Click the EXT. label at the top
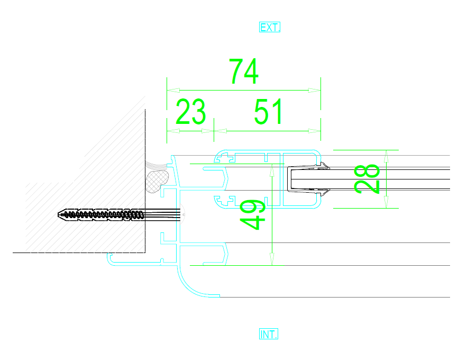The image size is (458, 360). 270,27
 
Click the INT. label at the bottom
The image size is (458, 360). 269,334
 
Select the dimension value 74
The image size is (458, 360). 244,71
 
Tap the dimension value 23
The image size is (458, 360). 191,111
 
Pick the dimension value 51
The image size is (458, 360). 268,111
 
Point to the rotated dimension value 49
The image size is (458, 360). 252,214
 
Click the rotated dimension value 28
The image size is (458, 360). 367,179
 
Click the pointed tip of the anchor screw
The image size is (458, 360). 58,214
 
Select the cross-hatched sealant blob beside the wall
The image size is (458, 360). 157,181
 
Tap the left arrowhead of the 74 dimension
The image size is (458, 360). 173,90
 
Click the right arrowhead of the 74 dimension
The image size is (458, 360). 315,90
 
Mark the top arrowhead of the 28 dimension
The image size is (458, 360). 386,156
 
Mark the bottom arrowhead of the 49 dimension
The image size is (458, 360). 272,259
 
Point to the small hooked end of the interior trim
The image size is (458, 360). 110,257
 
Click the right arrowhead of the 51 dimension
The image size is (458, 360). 315,131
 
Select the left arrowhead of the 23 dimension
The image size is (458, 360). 173,131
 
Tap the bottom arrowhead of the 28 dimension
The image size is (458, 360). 386,202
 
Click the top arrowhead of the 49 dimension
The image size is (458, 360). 272,170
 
